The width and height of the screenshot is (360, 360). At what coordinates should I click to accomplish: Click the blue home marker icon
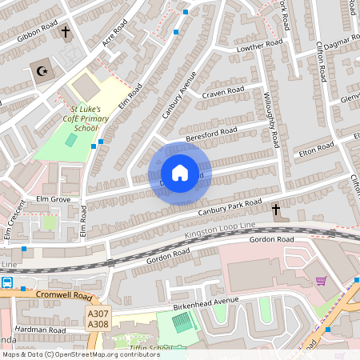coord(180,173)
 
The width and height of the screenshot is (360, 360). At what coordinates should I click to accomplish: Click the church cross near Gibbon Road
coord(66,34)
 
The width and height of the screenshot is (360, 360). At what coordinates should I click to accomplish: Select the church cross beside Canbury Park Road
coord(276,210)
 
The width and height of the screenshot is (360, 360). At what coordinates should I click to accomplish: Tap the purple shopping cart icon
coord(322,281)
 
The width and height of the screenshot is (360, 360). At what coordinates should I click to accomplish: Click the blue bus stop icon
coord(7,282)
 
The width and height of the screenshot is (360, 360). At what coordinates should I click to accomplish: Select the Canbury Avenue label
coord(179,95)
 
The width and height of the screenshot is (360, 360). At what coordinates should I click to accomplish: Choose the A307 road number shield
coord(97,315)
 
